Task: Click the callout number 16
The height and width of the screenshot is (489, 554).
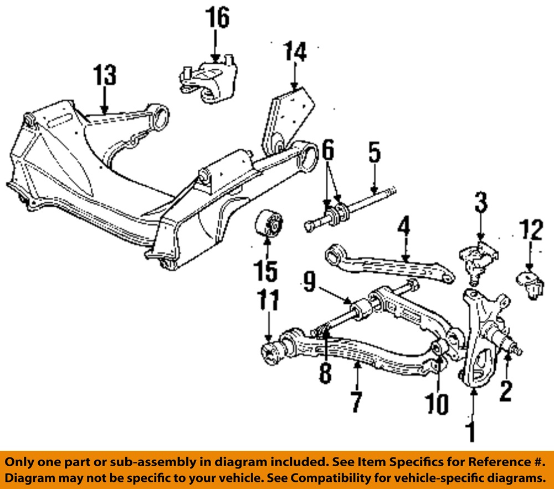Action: click(x=218, y=18)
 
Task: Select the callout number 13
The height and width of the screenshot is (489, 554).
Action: click(x=105, y=75)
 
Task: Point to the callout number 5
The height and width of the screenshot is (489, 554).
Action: click(x=375, y=154)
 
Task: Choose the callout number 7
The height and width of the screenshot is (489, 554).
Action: click(x=356, y=402)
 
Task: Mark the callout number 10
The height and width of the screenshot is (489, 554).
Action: click(x=438, y=404)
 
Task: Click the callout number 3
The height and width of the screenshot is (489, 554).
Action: click(x=480, y=203)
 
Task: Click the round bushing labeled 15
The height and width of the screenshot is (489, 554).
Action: click(x=269, y=227)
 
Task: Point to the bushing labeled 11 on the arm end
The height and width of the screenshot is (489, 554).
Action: click(x=271, y=353)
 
